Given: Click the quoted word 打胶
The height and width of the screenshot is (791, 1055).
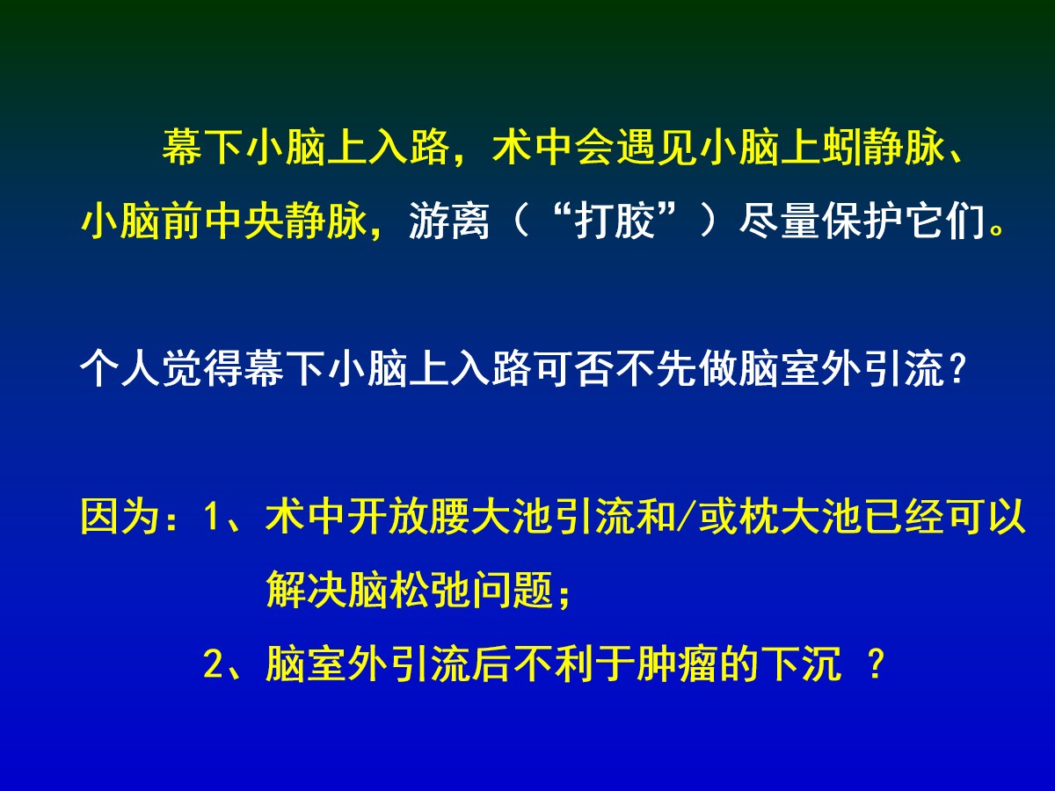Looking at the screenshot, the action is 615,221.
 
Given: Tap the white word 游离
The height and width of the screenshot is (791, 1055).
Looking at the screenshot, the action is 448,221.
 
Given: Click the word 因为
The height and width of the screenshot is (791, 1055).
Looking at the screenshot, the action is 120,516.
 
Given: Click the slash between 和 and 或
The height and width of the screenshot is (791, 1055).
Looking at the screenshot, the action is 687,516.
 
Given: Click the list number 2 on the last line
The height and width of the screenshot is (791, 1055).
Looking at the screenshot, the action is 214,664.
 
